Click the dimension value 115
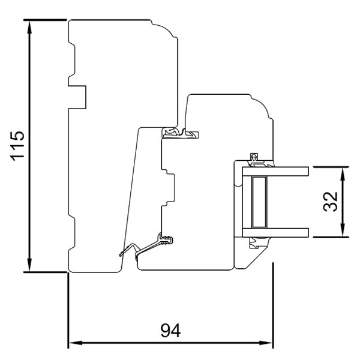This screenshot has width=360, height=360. click(18, 145)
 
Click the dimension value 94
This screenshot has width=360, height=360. click(170, 330)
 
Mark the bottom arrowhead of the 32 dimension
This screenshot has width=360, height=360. click(343, 232)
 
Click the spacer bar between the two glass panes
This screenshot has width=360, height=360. click(259, 202)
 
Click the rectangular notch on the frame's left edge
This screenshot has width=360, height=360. click(77, 97)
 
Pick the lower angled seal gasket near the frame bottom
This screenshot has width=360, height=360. click(147, 246)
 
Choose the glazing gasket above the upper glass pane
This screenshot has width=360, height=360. click(258, 158)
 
